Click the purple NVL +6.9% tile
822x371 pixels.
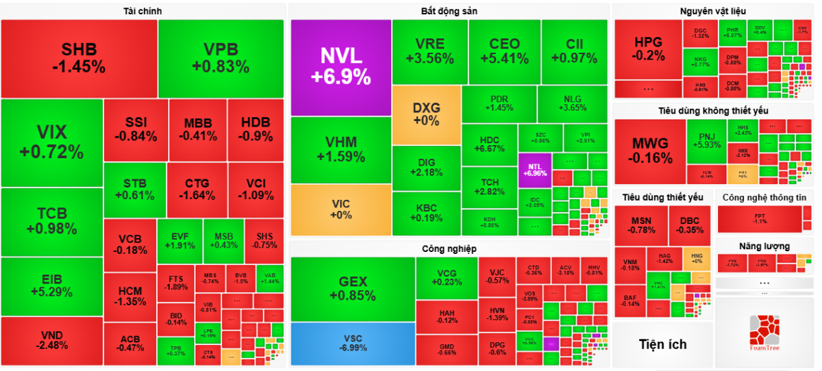tap(340, 66)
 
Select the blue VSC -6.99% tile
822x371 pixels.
tap(352, 344)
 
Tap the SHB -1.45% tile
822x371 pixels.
tap(79, 58)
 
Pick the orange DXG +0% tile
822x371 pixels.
tap(426, 114)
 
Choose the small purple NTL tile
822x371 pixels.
tap(535, 169)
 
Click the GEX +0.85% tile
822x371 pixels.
tap(353, 288)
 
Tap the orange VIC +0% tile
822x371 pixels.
tap(340, 209)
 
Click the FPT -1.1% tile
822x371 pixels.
tap(760, 219)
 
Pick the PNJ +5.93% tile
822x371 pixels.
tap(706, 140)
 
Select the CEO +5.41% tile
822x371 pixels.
tap(504, 51)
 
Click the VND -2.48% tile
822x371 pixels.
tap(51, 340)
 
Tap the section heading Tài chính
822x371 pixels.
tap(142, 11)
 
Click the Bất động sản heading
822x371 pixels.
tap(449, 11)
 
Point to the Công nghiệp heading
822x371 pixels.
tap(449, 248)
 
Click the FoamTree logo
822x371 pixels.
tap(765, 333)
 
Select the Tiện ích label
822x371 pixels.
tap(662, 344)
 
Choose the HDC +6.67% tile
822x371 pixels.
tap(489, 144)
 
